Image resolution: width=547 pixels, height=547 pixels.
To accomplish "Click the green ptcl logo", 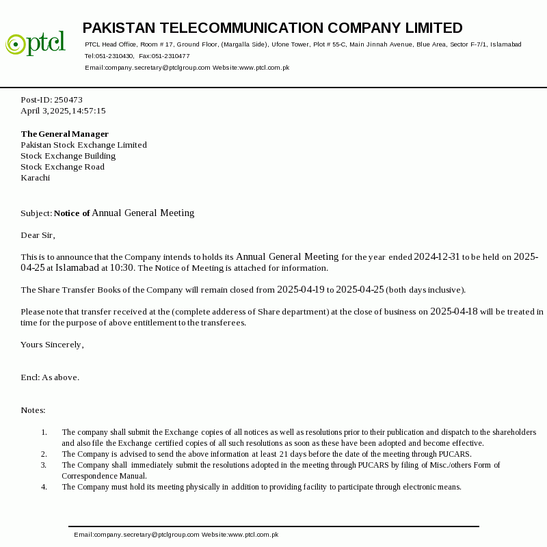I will pyautogui.click(x=36, y=43).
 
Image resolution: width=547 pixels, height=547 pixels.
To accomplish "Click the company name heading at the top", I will pyautogui.click(x=272, y=28).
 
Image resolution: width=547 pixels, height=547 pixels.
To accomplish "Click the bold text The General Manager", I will pyautogui.click(x=64, y=134).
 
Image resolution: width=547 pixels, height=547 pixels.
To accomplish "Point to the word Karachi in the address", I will pyautogui.click(x=35, y=178).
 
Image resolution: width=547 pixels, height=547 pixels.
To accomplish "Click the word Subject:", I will pyautogui.click(x=36, y=213).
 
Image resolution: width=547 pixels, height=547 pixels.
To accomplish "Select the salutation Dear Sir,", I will pyautogui.click(x=38, y=235).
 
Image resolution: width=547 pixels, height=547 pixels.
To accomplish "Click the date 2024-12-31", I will pyautogui.click(x=437, y=257).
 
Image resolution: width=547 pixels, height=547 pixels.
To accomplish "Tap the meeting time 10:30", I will pyautogui.click(x=122, y=268).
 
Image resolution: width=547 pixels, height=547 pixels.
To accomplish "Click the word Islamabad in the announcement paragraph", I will pyautogui.click(x=77, y=268).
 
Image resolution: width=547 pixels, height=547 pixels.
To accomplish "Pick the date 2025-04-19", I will pyautogui.click(x=301, y=290).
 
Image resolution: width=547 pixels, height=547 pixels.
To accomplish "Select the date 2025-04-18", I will pyautogui.click(x=454, y=312).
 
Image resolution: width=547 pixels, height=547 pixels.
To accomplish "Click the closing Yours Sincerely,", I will pyautogui.click(x=52, y=345).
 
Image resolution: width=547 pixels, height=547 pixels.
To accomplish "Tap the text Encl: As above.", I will pyautogui.click(x=50, y=377).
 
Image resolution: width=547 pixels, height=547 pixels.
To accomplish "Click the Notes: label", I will pyautogui.click(x=33, y=410).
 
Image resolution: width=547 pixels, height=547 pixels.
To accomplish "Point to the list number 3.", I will pyautogui.click(x=44, y=465).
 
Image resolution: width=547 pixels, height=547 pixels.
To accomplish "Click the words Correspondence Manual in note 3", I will pyautogui.click(x=104, y=476).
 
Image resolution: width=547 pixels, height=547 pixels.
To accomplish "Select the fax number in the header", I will pyautogui.click(x=171, y=56).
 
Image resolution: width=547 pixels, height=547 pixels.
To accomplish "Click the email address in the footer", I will pyautogui.click(x=137, y=535).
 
